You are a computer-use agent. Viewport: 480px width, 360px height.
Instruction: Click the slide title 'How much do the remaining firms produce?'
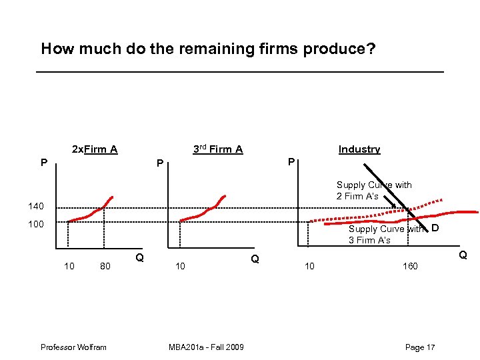(208, 49)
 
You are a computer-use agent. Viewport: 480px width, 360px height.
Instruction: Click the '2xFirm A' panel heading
(95, 149)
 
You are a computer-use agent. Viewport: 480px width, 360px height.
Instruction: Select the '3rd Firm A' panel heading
(218, 149)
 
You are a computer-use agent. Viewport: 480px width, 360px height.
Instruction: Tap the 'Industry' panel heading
(359, 149)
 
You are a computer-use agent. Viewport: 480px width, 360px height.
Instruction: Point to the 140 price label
(35, 206)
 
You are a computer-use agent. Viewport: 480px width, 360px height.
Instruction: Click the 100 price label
(35, 224)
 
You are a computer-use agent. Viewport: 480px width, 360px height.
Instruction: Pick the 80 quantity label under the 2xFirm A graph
(105, 267)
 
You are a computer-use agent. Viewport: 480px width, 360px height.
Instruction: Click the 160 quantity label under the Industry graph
(410, 267)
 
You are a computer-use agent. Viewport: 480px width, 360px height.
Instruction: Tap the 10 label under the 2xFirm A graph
(69, 267)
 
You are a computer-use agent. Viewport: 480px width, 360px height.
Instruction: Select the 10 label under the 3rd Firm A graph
(180, 267)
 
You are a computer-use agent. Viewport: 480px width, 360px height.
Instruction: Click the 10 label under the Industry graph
(310, 267)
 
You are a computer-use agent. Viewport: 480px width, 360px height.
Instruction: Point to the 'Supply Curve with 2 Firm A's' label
(374, 191)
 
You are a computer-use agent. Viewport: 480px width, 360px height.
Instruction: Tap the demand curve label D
(434, 229)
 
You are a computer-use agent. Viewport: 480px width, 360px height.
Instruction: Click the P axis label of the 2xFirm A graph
(43, 162)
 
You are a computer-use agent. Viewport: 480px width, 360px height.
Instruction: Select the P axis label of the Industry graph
(291, 162)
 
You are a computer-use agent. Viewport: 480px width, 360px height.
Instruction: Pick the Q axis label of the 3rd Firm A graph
(254, 259)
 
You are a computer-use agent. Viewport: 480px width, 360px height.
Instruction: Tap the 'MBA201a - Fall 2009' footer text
(206, 347)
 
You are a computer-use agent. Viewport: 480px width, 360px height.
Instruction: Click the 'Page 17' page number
(420, 347)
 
